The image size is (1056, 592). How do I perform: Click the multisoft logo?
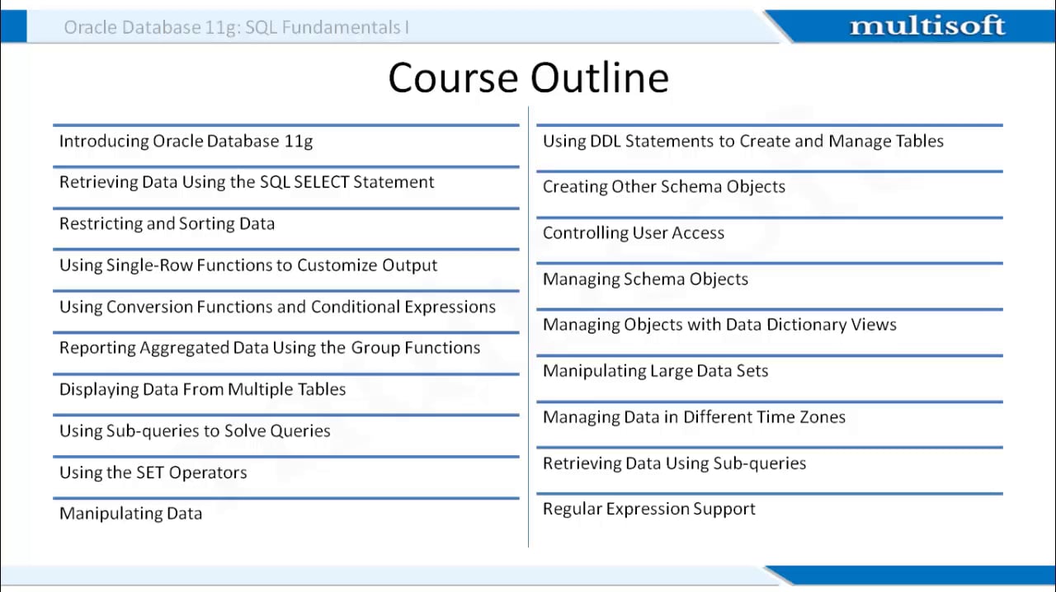point(926,26)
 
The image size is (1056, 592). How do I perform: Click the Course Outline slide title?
point(528,78)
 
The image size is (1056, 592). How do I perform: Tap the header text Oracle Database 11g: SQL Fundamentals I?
point(237,27)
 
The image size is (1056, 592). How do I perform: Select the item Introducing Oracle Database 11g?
point(186,141)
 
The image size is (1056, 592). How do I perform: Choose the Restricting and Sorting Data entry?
point(167,223)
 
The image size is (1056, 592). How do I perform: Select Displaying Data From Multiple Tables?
point(202,389)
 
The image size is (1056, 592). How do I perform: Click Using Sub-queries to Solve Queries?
point(195,430)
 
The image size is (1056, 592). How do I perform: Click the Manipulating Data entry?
point(130,514)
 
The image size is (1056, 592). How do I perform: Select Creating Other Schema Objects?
point(663,187)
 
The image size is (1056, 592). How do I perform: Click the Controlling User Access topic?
point(633,233)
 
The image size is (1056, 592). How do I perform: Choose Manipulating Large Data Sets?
point(655,371)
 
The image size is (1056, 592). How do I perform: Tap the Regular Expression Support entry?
point(648,509)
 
